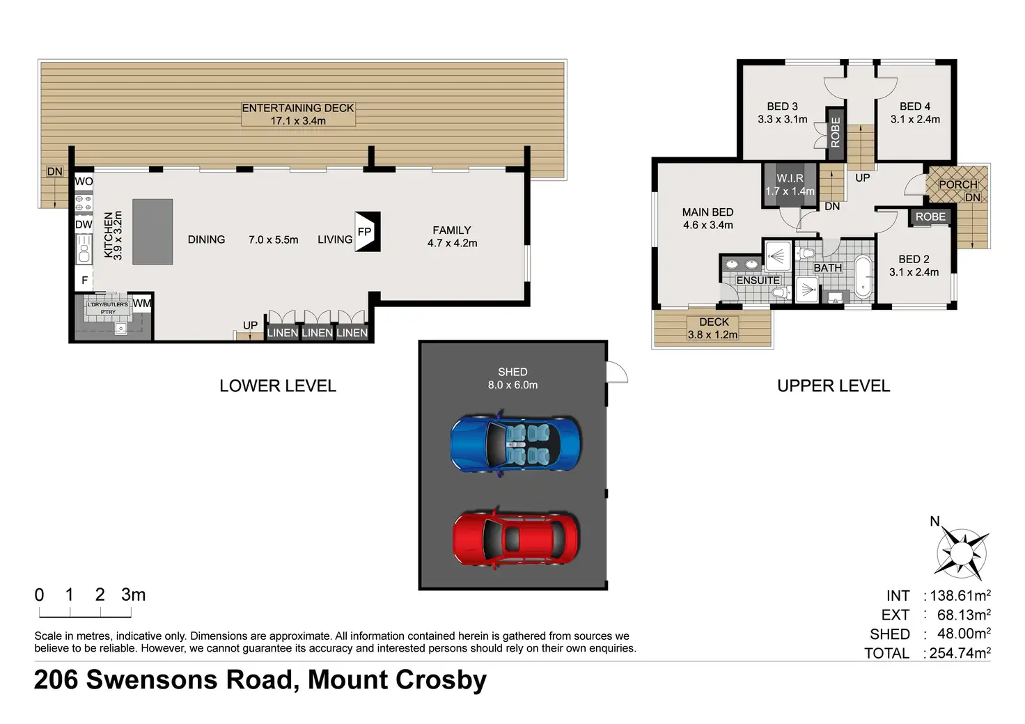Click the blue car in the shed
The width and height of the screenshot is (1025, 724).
coord(515,443)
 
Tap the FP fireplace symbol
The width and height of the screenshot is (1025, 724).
coord(368,231)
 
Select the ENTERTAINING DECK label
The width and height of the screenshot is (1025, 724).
coord(298,108)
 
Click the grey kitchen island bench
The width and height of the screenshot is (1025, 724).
coord(152,232)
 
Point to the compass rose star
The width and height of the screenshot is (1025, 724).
coord(962,553)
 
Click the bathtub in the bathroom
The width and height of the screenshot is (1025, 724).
coord(863,276)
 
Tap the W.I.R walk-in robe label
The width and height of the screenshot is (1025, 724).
coord(790,178)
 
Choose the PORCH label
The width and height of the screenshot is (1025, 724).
coord(958,184)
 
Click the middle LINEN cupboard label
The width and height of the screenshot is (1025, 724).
coord(317,333)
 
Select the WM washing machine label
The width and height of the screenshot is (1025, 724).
coord(142,304)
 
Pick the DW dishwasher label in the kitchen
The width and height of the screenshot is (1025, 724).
coord(84,225)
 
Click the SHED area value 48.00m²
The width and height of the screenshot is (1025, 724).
coord(964,633)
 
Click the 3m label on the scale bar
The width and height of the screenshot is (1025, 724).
coord(133,595)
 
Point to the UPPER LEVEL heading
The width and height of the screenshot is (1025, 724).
coord(834,386)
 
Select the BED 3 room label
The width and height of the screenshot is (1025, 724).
coord(783,107)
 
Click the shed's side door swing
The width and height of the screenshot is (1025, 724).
coord(617,372)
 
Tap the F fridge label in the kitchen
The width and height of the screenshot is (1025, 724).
coord(85,280)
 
